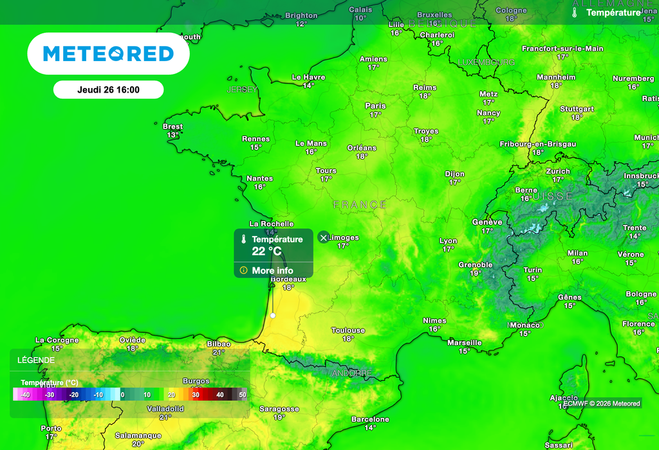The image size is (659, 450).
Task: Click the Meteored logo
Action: [108, 53]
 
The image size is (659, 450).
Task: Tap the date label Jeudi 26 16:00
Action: [108, 90]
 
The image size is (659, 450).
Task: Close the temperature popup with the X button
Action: [324, 238]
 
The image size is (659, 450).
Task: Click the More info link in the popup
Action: [272, 271]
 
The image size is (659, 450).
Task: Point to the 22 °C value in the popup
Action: [267, 251]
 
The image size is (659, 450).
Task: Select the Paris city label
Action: [375, 105]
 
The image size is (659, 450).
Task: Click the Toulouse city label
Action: [348, 330]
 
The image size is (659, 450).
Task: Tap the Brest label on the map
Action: [172, 127]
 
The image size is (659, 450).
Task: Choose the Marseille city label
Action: [464, 343]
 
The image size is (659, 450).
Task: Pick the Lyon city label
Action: [448, 241]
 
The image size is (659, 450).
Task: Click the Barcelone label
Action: [370, 419]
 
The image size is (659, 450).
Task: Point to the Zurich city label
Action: [557, 171]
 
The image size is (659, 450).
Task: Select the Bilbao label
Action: [219, 344]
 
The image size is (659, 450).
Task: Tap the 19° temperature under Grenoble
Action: [476, 273]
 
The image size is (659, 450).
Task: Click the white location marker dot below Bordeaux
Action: [273, 316]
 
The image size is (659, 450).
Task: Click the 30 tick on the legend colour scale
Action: [196, 395]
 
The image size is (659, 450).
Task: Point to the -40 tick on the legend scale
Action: [24, 395]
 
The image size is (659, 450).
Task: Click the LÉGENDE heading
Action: [36, 361]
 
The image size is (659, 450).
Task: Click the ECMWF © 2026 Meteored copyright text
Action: [601, 404]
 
